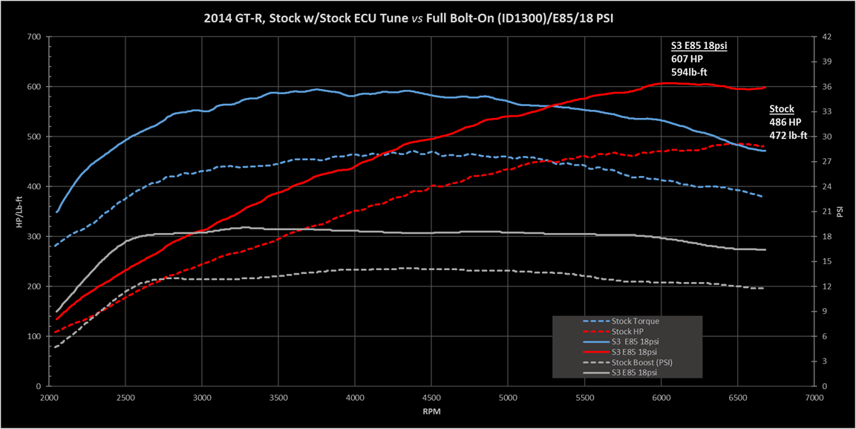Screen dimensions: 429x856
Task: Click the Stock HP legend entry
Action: (628, 331)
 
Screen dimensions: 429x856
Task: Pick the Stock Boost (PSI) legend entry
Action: (643, 362)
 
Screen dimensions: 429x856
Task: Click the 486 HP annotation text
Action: (785, 122)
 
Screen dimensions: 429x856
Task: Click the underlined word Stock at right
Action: (781, 109)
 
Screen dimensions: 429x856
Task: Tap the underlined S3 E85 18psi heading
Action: (699, 46)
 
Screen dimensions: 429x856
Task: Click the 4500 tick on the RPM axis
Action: (432, 399)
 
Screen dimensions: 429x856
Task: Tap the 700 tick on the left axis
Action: (33, 36)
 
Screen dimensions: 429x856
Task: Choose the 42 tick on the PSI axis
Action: (826, 36)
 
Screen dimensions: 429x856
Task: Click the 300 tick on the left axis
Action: (33, 237)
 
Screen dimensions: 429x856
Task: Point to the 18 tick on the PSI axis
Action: (826, 237)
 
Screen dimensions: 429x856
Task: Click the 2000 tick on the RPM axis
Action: (49, 399)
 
